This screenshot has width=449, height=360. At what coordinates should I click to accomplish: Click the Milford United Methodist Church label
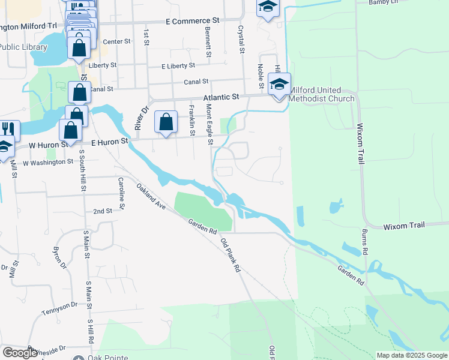click(x=322, y=98)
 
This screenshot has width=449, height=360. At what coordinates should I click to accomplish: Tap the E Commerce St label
click(x=193, y=20)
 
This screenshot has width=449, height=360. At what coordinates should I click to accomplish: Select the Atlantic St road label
click(x=221, y=96)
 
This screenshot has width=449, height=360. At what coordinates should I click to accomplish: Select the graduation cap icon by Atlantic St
click(x=279, y=84)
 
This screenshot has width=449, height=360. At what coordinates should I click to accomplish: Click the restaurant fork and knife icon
click(x=8, y=130)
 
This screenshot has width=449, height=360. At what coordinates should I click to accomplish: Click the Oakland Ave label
click(x=150, y=196)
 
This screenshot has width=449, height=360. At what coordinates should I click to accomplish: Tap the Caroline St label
click(x=121, y=193)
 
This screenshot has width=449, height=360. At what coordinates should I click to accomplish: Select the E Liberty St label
click(x=178, y=65)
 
